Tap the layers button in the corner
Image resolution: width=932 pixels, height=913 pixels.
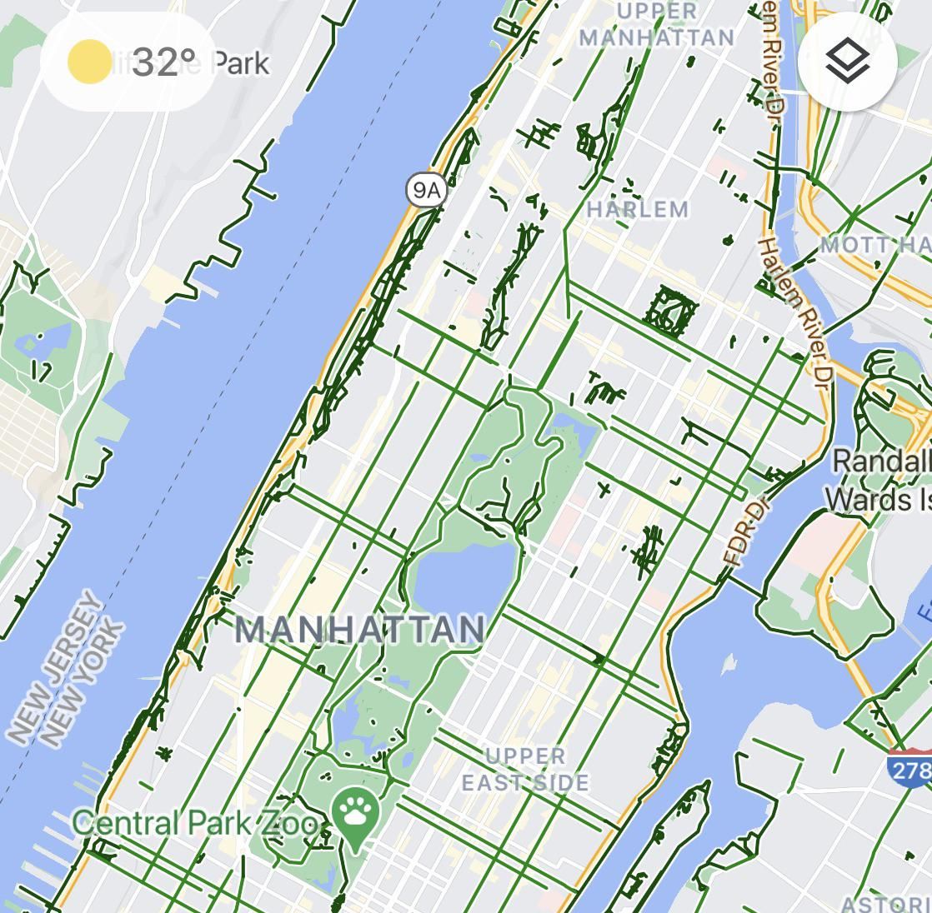point(847,61)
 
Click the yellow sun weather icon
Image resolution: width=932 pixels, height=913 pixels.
point(88,62)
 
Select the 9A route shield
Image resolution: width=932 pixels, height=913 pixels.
point(426,191)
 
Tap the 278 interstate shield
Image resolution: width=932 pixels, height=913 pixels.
point(910,768)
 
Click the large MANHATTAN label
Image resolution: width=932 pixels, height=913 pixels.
point(359,629)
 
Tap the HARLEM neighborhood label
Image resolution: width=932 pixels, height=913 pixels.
point(638,209)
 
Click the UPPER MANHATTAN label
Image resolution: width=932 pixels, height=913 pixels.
point(657,25)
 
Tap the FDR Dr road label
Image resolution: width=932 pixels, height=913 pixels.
point(747,533)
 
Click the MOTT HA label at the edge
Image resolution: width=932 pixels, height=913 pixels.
point(875,245)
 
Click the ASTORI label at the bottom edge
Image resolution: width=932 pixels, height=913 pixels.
point(885,904)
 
